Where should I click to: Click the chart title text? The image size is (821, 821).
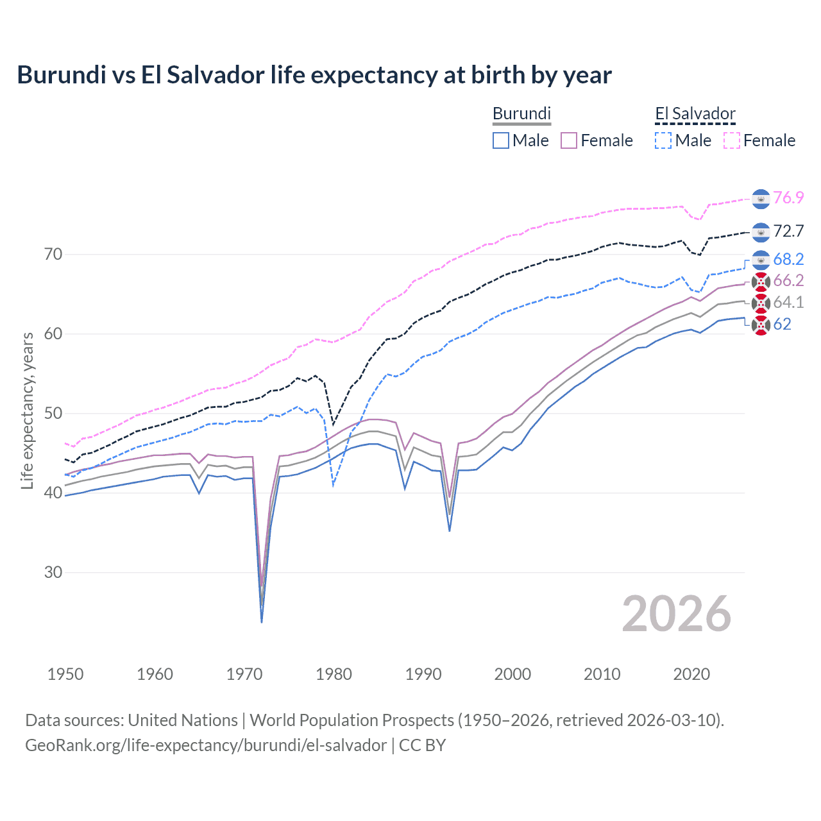coord(314,75)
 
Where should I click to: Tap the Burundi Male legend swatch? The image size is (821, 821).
coord(501,140)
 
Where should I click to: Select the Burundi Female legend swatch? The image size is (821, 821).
coord(570,140)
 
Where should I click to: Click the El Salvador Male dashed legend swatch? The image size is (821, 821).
coord(663,140)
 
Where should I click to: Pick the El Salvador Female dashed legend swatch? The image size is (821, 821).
coord(732,140)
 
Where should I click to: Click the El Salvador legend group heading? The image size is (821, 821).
coord(695,114)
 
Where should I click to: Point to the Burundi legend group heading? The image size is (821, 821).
coord(521,114)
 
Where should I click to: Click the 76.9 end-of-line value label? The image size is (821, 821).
coord(788,198)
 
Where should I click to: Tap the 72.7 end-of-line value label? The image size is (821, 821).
coord(788,231)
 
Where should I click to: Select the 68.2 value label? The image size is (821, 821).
coord(788,259)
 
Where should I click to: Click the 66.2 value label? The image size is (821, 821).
coord(788,280)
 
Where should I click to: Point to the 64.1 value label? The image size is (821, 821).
coord(788,302)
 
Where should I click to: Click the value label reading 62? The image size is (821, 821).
coord(782,324)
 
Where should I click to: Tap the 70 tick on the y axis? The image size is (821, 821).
coord(53,254)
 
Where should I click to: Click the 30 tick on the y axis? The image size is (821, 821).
coord(53,572)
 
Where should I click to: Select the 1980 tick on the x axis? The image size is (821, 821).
coord(334,674)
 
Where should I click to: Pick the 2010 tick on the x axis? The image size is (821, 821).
coord(602,674)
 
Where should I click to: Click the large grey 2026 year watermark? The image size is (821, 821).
coord(676,614)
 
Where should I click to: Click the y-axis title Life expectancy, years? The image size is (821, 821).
coord(27,410)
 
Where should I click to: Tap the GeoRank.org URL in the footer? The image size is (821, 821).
coord(206,745)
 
